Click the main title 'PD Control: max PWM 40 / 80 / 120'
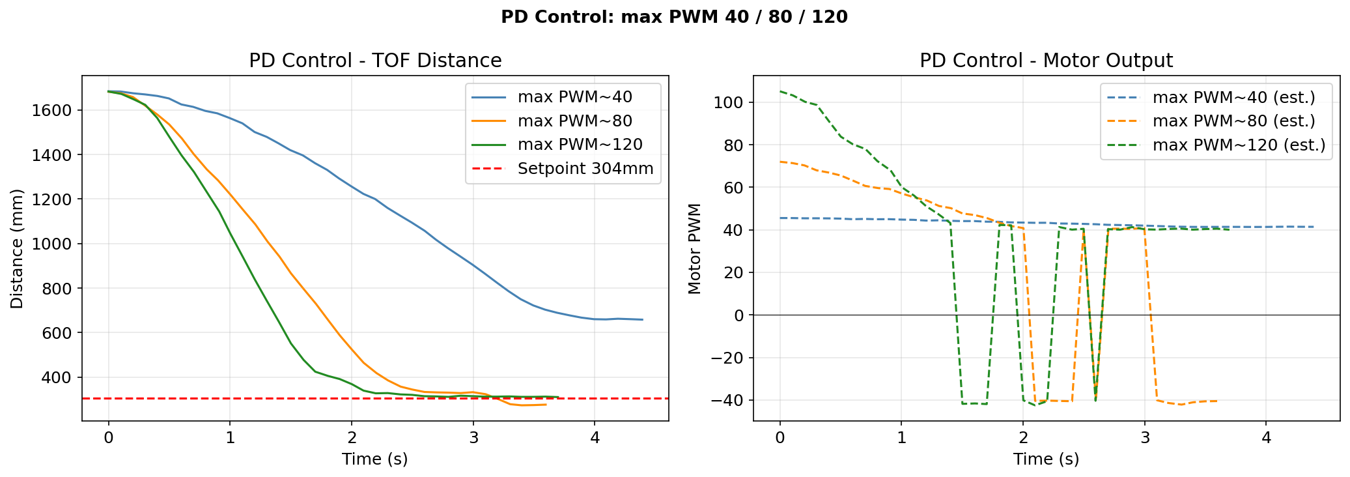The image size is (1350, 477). (x=674, y=17)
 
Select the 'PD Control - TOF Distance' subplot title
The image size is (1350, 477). (x=375, y=61)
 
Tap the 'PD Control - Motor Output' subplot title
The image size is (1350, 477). (x=1046, y=61)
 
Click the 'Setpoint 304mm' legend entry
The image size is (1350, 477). (x=585, y=169)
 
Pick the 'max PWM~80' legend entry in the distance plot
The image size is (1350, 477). (x=574, y=121)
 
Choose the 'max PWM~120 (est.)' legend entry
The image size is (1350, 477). (x=1239, y=145)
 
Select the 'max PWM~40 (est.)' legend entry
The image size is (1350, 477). (x=1233, y=98)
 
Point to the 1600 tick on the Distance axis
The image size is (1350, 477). (x=51, y=110)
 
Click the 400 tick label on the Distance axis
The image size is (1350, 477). (x=57, y=378)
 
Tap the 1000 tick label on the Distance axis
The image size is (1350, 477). (x=51, y=244)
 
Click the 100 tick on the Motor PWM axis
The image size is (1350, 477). (x=731, y=102)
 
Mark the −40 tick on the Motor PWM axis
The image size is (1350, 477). (x=728, y=401)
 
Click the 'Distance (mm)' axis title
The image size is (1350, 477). (x=17, y=248)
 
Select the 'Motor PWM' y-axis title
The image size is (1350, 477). (x=694, y=248)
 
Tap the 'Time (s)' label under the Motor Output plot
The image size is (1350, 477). (x=1046, y=459)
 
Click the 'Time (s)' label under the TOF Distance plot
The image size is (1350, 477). (x=375, y=459)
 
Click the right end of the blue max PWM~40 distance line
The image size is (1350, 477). (x=643, y=320)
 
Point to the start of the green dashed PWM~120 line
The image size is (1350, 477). (x=780, y=91)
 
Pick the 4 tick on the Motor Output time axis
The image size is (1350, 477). (x=1266, y=438)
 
